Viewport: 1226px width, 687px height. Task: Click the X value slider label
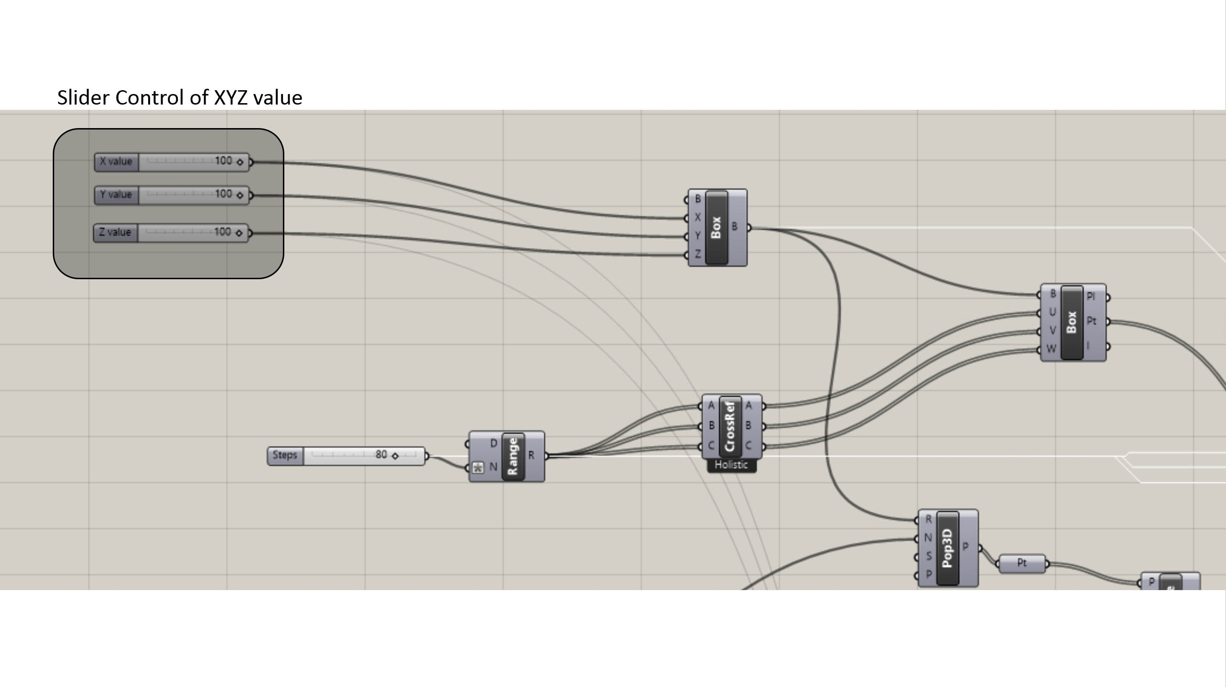116,162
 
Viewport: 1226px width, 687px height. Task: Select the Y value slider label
116,195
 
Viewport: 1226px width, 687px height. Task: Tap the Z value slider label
115,233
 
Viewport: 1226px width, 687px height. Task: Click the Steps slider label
285,455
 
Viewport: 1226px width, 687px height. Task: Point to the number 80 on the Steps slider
381,454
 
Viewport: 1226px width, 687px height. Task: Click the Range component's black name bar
513,456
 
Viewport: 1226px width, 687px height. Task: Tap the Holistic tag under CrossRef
731,465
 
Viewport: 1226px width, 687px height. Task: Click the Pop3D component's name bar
947,548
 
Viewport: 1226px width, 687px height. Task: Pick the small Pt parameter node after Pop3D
1022,563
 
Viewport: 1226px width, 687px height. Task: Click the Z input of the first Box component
698,255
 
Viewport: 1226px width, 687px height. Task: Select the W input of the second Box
1051,349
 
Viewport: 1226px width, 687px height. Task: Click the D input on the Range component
493,444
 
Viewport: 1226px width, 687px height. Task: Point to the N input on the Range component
493,467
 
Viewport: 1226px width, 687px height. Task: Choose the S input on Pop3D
929,556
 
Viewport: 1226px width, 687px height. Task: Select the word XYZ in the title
231,98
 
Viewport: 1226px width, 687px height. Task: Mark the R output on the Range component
531,455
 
